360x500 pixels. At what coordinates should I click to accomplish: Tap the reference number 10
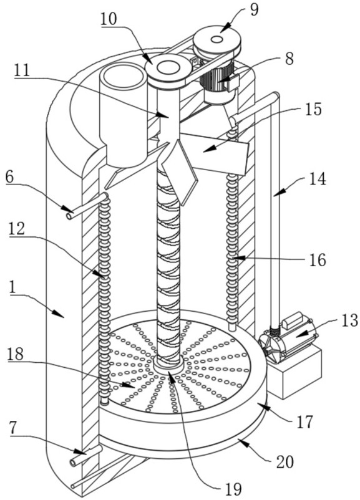tap(109, 19)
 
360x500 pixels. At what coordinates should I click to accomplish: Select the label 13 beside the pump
tap(350, 320)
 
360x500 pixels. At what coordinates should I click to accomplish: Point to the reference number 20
tap(285, 462)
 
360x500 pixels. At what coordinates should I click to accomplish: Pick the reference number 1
tap(13, 287)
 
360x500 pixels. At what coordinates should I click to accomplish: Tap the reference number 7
tap(12, 430)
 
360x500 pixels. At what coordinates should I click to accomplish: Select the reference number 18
tap(16, 354)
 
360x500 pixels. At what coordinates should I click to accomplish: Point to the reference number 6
tap(10, 178)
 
